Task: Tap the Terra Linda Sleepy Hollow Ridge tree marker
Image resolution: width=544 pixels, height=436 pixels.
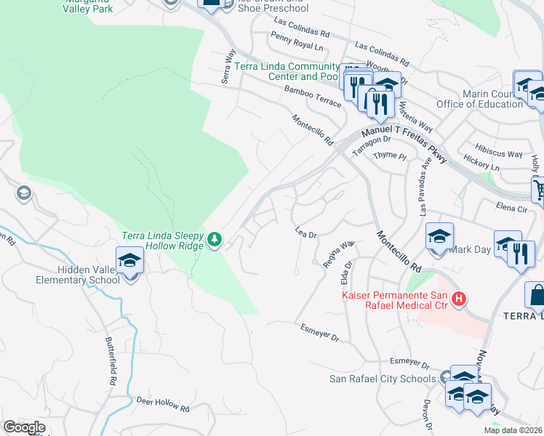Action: click(214, 239)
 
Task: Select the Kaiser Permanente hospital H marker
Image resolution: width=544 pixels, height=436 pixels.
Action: click(458, 298)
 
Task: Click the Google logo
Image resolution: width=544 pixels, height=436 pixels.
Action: click(24, 427)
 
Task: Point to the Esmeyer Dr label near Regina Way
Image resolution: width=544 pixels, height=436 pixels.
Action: click(320, 334)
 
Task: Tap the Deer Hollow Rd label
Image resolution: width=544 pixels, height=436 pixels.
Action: click(163, 404)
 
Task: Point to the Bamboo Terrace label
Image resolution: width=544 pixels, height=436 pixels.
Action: click(313, 96)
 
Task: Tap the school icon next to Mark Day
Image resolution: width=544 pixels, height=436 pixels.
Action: click(440, 238)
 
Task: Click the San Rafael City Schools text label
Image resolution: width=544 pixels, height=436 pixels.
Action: click(383, 378)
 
